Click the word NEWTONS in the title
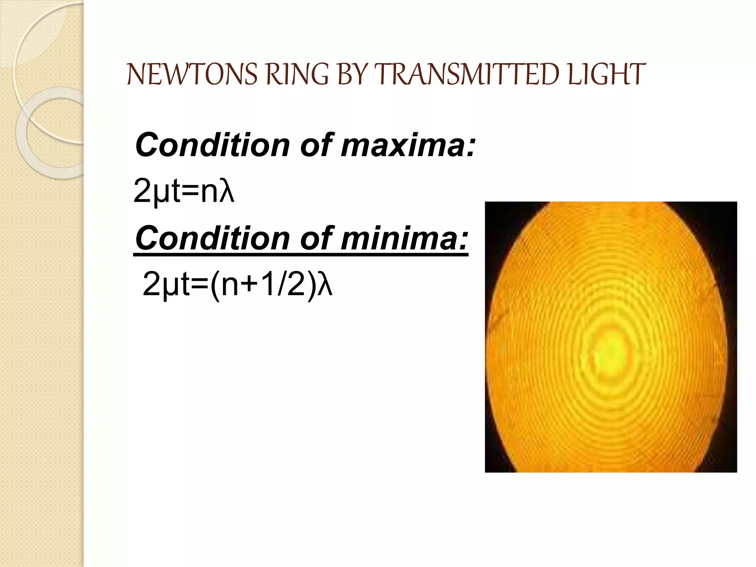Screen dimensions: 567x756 [192, 75]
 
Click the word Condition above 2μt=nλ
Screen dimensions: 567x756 [213, 145]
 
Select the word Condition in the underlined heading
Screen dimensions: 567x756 [213, 238]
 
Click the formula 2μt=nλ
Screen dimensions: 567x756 [183, 191]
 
